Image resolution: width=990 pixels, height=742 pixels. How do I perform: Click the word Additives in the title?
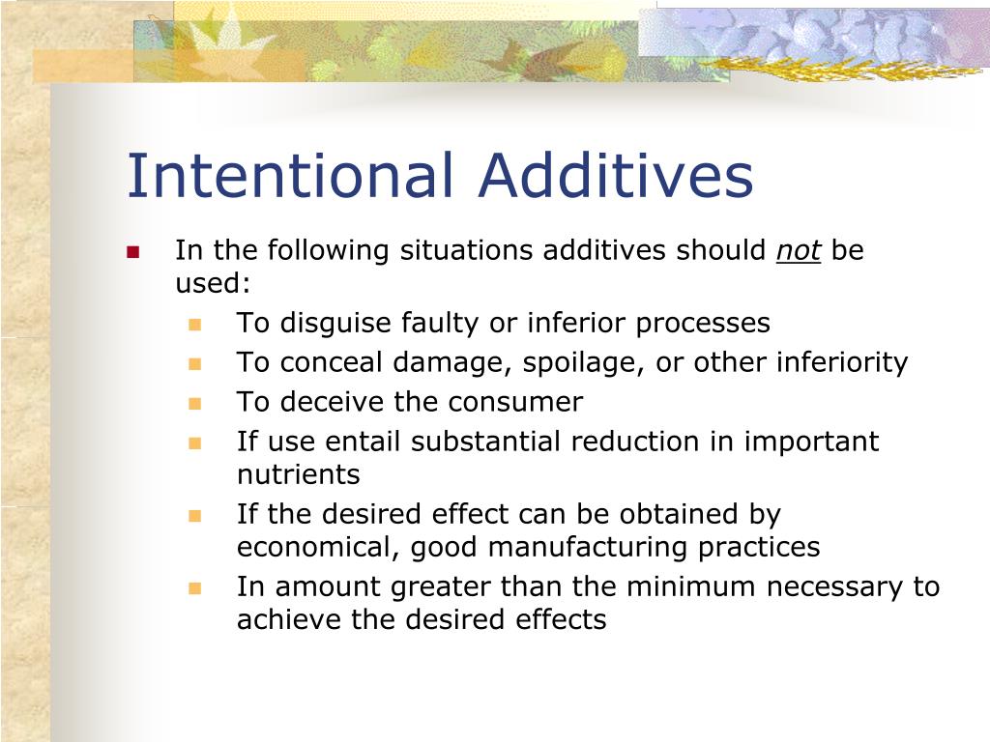point(615,177)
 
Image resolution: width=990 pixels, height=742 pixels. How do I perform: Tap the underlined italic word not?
point(799,251)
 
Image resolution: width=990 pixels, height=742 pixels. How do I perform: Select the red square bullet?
point(133,253)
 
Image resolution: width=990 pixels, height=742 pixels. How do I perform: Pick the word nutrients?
point(298,475)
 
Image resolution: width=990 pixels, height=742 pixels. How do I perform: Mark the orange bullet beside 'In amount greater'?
point(194,587)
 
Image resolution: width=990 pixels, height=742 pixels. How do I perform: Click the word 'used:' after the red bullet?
point(212,284)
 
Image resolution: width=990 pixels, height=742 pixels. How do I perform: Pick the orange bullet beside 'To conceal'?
point(194,364)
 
